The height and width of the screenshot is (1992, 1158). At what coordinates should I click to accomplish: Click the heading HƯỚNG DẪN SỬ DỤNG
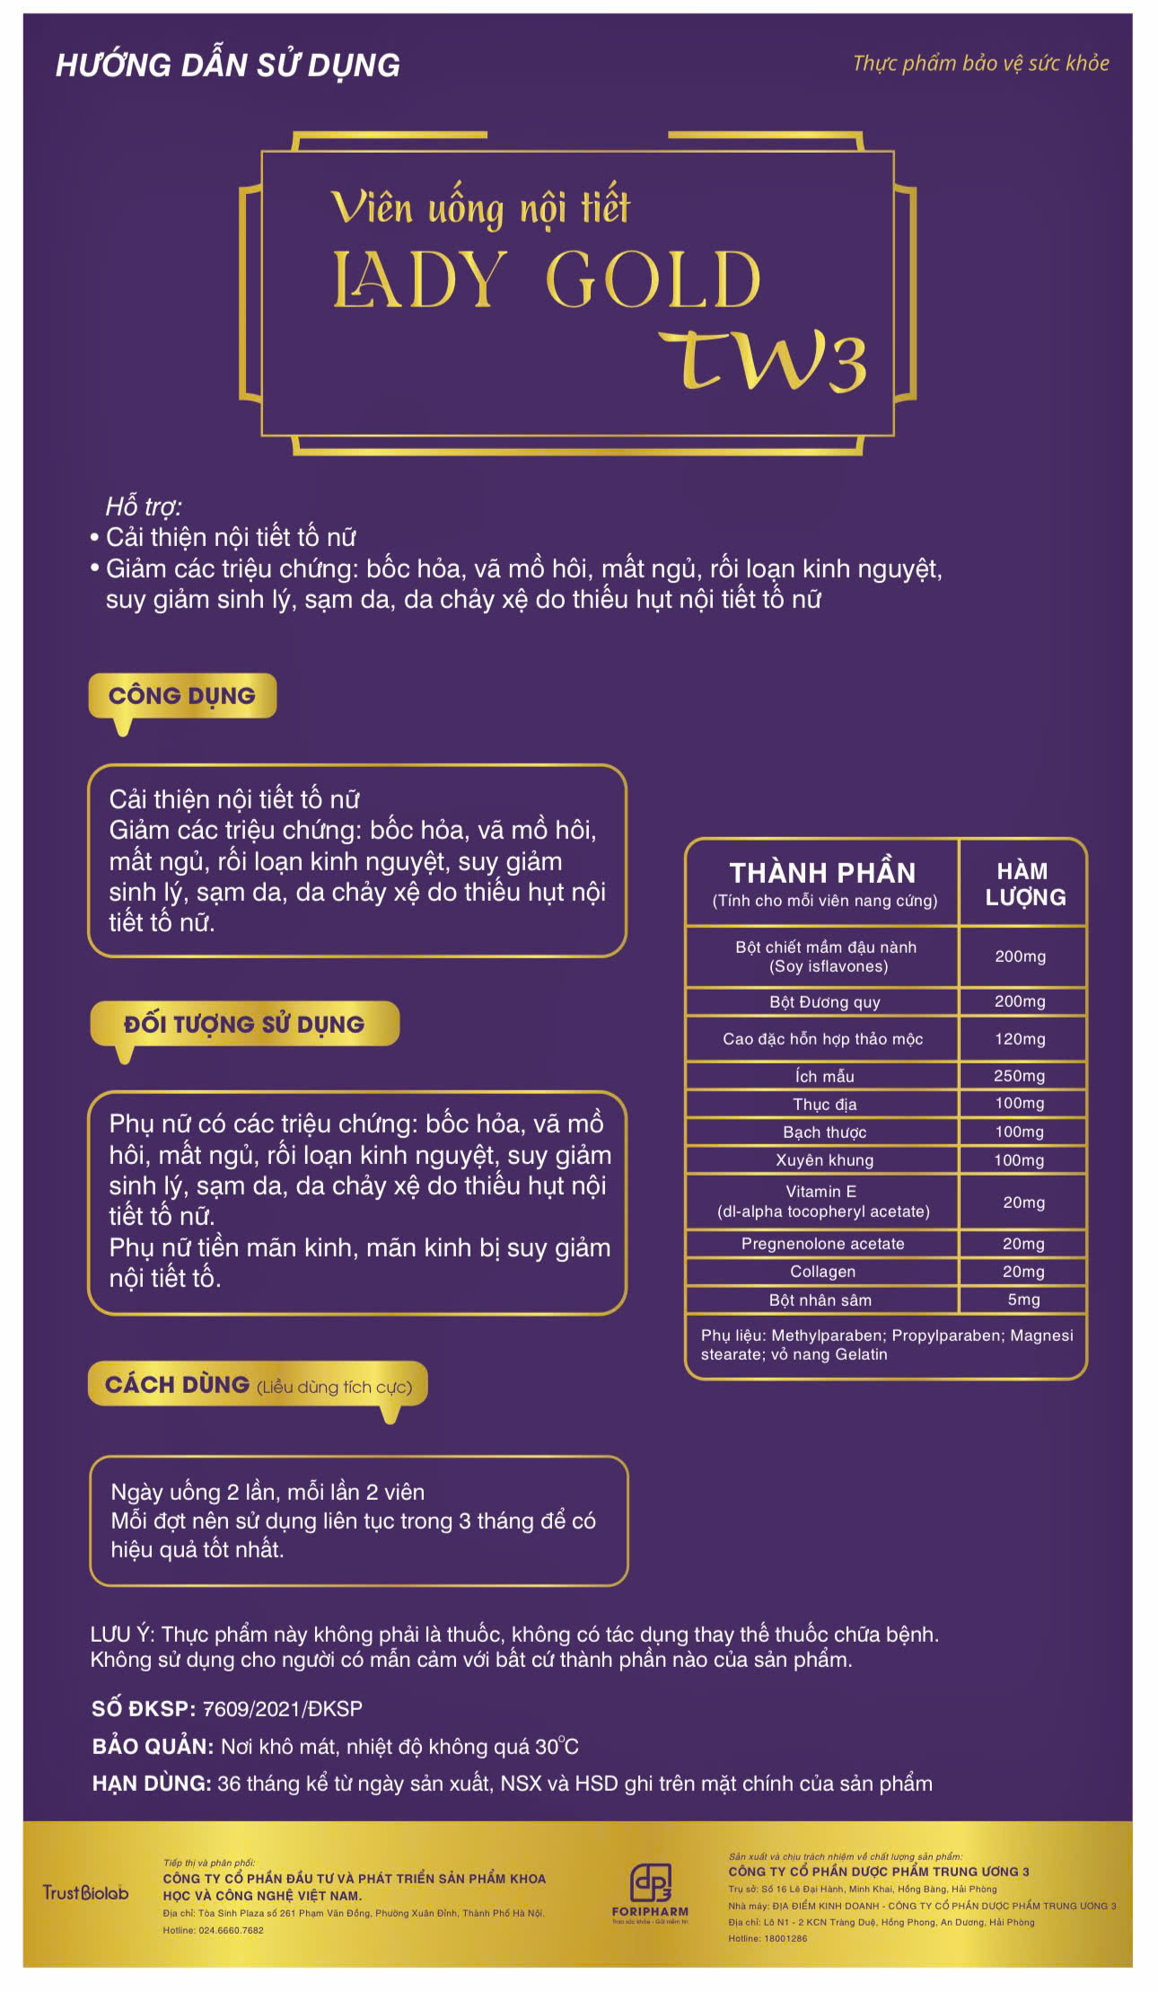coord(228,66)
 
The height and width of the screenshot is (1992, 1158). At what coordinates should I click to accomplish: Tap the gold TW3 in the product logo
coord(763,361)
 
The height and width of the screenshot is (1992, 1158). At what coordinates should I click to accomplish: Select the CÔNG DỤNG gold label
coord(182,696)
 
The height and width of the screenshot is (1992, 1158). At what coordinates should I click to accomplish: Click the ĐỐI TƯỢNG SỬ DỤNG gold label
coord(244,1024)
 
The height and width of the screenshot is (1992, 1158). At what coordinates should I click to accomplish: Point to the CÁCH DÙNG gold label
coord(178,1385)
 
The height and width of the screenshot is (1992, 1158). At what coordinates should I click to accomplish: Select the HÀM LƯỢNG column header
coord(1024,884)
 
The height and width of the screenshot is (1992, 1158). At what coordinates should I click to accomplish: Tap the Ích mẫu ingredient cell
coord(824,1076)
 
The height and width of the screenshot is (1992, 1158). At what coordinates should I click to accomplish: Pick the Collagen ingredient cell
coord(822,1272)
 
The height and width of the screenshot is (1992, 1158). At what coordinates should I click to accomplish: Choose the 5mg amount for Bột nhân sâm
coord(1023,1300)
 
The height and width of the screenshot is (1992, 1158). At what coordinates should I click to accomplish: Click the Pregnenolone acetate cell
coord(822,1244)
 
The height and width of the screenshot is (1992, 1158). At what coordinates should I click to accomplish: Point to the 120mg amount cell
coord(1020,1039)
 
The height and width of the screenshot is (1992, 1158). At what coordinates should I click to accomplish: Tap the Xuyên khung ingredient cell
coord(824,1160)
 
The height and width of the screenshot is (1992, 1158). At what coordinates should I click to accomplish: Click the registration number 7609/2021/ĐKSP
coord(282,1709)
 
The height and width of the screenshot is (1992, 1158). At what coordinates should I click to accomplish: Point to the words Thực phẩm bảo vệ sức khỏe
coord(980,64)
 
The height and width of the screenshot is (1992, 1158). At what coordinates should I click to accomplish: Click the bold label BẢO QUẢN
coord(153,1747)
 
